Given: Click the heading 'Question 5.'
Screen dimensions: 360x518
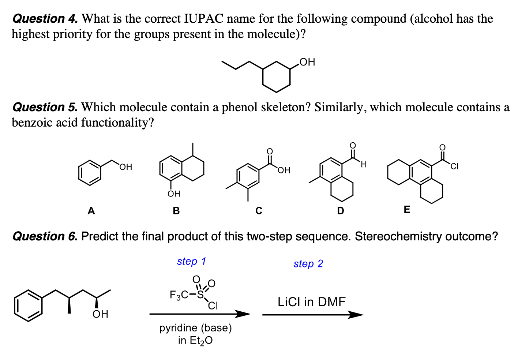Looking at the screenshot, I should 45,107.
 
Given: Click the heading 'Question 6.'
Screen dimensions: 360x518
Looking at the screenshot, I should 45,236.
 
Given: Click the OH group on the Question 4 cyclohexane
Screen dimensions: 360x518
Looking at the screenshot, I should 307,62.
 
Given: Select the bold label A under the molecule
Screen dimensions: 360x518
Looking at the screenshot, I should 91,211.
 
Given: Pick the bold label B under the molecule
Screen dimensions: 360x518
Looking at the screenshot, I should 176,211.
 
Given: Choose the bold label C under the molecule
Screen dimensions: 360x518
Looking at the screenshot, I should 259,211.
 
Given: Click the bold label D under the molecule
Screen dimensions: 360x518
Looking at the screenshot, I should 340,211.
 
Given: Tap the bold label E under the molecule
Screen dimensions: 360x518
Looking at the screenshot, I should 407,210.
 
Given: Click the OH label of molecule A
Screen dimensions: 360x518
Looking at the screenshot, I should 125,167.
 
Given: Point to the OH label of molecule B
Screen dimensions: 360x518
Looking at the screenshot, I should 174,194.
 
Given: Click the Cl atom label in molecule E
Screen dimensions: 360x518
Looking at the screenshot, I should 454,167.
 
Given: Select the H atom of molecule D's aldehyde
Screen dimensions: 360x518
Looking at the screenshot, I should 363,165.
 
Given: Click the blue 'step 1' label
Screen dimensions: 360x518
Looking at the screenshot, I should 191,261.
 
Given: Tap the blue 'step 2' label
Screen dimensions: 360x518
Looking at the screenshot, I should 308,264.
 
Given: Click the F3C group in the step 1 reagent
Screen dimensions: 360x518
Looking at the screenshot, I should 179,295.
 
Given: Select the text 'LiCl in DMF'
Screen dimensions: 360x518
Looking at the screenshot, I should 311,302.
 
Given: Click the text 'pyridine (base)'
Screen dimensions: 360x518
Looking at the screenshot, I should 195,328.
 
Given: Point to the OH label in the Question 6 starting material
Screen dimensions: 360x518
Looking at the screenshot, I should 100,314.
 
